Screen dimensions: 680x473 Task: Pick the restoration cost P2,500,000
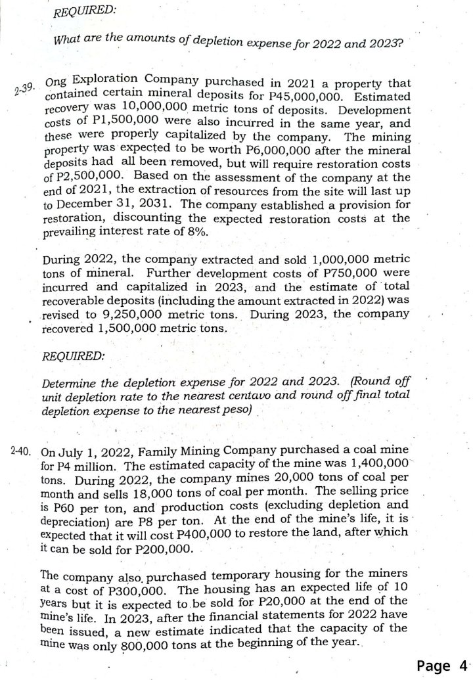pyautogui.click(x=89, y=177)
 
